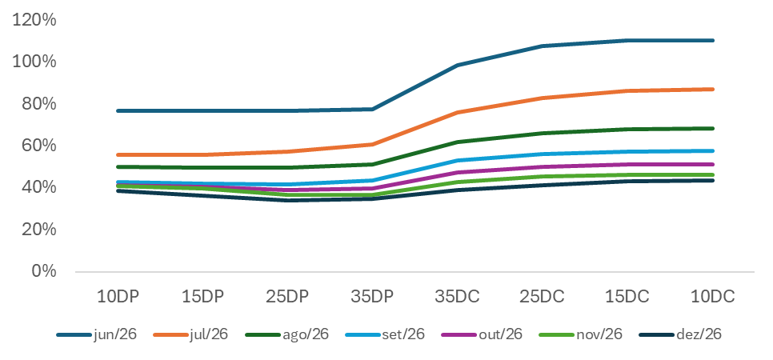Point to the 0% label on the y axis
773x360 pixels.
coord(45,271)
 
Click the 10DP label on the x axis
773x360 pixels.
coord(117,297)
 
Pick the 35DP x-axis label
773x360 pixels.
coord(372,297)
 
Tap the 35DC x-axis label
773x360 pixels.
coord(457,297)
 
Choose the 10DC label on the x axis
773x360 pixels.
coord(711,297)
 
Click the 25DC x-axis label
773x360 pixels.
coord(542,297)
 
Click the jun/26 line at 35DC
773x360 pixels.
coord(457,66)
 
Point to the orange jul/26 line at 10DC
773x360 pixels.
coord(711,90)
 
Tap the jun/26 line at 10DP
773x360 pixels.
coord(117,110)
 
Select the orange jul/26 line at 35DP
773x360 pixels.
coord(372,144)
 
